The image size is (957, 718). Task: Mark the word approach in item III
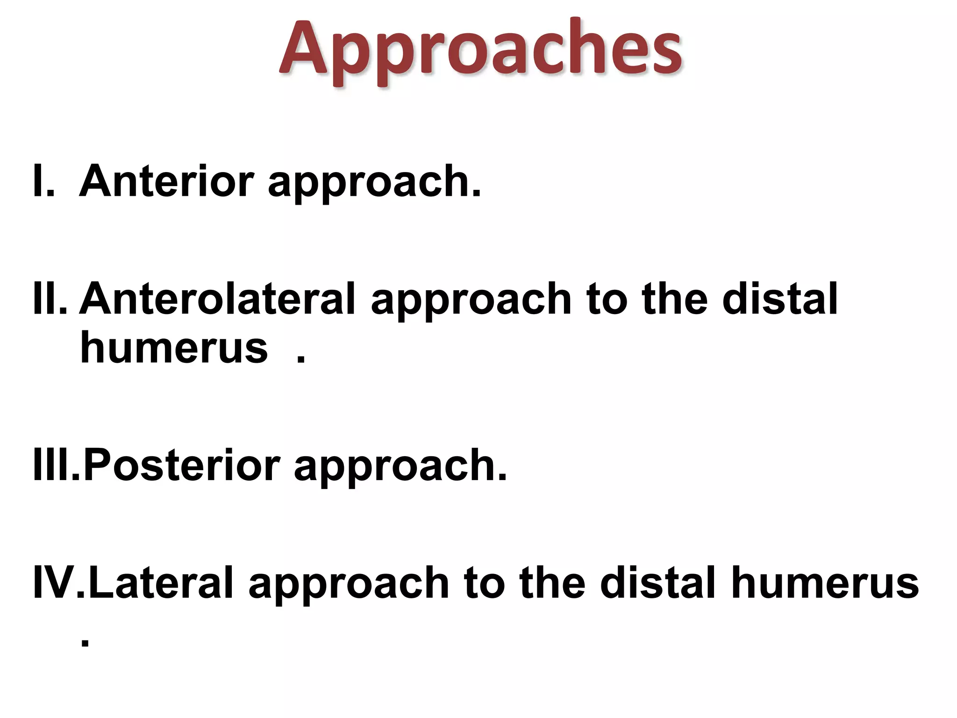(x=400, y=467)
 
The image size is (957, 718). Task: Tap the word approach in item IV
(x=349, y=585)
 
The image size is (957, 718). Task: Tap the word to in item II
(x=607, y=299)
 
